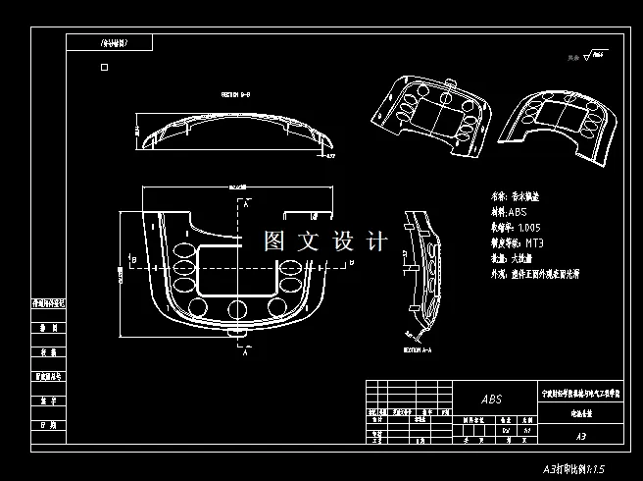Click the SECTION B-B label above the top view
coord(236,95)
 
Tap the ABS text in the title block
coord(490,400)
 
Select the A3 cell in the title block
coord(579,435)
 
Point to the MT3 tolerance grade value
coord(534,241)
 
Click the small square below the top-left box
coord(105,69)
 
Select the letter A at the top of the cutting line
coord(247,201)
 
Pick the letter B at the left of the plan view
coord(132,258)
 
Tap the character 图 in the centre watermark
coord(275,241)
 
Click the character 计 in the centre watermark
coord(376,241)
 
